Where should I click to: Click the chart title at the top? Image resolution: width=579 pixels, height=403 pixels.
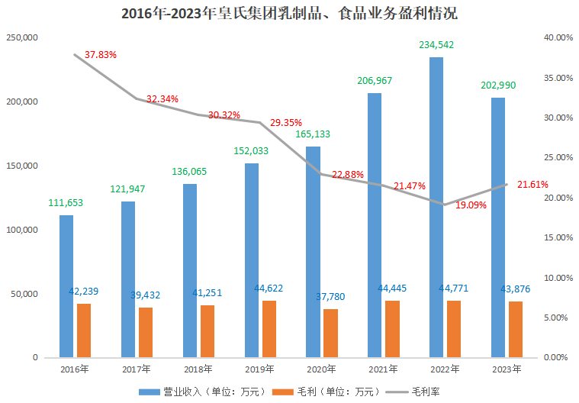click(x=289, y=13)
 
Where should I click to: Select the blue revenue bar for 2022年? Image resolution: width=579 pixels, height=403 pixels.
click(x=436, y=206)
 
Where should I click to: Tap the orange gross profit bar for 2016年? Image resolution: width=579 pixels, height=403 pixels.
click(x=84, y=330)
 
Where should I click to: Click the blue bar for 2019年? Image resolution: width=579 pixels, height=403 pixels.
click(x=252, y=260)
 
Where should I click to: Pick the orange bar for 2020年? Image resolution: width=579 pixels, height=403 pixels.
click(x=330, y=333)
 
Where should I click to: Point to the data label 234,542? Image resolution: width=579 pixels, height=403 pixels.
click(x=436, y=45)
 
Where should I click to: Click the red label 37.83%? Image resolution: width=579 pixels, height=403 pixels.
click(x=101, y=55)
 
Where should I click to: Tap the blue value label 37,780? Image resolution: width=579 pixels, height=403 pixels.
click(x=332, y=297)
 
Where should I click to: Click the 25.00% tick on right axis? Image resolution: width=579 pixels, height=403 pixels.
click(x=557, y=158)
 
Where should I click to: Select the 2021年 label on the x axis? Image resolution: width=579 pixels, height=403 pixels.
click(x=382, y=369)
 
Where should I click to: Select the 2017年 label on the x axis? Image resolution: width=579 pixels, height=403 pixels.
click(x=136, y=369)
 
